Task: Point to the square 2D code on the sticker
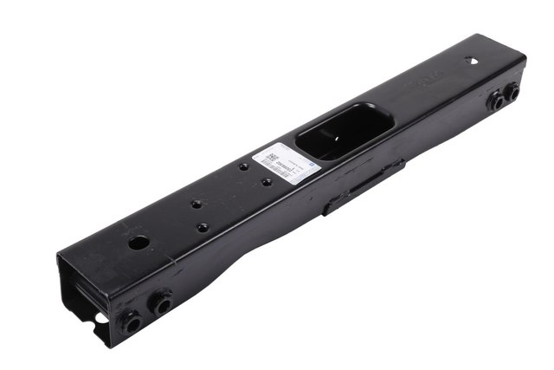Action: pyautogui.click(x=270, y=159)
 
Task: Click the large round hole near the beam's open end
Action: pyautogui.click(x=137, y=243)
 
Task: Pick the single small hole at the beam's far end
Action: pyautogui.click(x=472, y=61)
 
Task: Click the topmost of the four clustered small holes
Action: pyautogui.click(x=243, y=166)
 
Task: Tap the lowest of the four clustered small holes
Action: pyautogui.click(x=203, y=227)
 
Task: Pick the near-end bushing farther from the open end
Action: pyautogui.click(x=160, y=303)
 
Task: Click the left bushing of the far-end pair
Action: pyautogui.click(x=496, y=101)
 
